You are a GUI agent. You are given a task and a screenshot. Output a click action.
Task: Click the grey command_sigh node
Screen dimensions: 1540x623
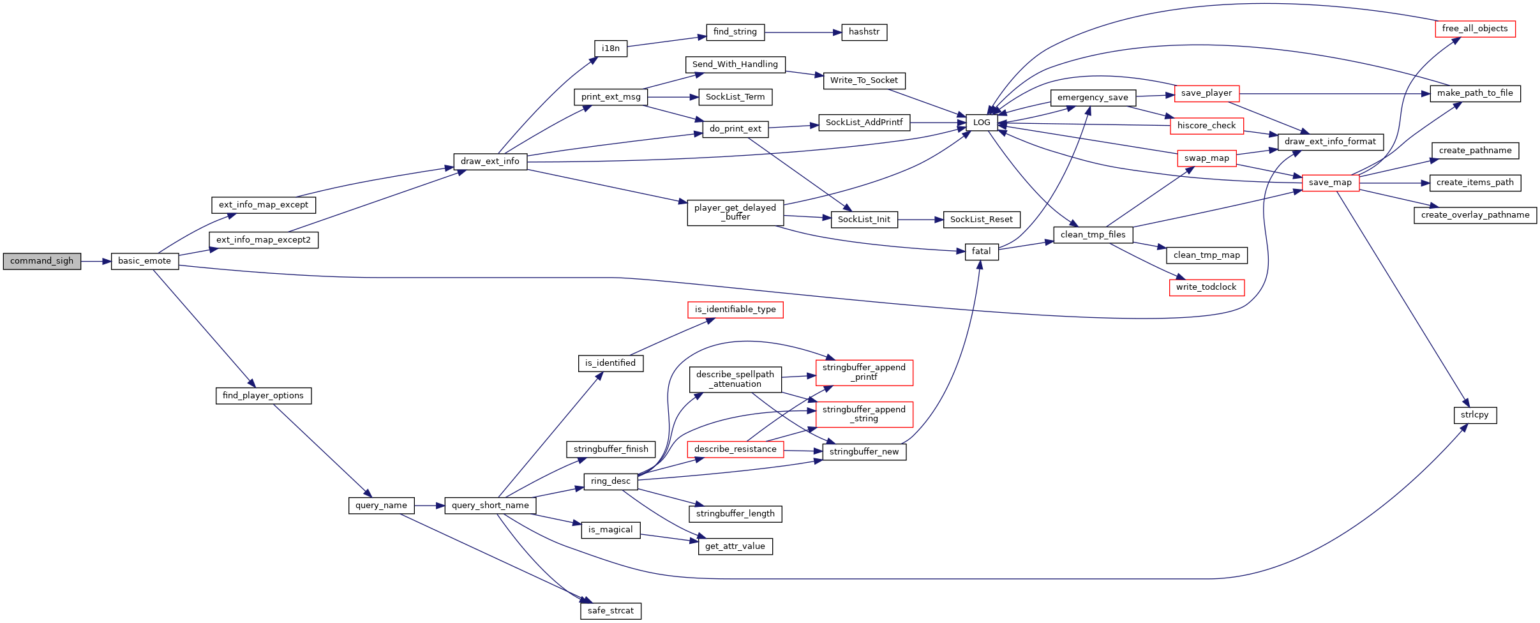42,261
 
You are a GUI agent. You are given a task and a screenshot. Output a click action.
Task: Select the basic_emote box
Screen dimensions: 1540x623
145,261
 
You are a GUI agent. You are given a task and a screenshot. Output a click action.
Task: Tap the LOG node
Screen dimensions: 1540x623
982,123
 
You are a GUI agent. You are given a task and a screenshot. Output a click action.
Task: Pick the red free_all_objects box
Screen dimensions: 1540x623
1475,29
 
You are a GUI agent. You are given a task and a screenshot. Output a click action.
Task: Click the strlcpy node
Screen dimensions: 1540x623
1475,415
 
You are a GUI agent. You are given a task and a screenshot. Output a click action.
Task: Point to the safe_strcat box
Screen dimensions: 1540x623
611,611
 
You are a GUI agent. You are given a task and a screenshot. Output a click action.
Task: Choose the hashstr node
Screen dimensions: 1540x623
864,32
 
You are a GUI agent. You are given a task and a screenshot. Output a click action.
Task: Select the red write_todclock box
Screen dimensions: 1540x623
1206,287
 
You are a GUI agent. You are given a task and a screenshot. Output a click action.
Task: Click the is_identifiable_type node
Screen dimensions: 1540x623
735,310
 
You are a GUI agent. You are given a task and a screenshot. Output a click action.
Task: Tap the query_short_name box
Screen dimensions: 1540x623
490,506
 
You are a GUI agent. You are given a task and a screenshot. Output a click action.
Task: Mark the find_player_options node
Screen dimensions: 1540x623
264,396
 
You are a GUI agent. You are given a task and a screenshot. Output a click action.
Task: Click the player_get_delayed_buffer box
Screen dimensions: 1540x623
735,213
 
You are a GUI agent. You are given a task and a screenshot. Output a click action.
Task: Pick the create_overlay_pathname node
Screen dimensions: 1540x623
1475,215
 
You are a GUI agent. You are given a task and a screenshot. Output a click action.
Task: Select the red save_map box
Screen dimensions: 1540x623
1331,183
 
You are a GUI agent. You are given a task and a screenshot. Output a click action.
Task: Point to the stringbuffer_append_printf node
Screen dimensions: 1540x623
864,373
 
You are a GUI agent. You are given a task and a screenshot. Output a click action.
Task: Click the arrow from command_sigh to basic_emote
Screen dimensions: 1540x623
96,261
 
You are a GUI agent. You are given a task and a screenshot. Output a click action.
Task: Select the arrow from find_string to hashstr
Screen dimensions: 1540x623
803,32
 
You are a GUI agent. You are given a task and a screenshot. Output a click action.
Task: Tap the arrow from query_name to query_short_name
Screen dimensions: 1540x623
430,506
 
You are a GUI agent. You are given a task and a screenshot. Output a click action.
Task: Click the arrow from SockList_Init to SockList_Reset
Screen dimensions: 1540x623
920,220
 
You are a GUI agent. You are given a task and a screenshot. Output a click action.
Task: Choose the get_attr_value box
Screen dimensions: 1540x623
735,546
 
